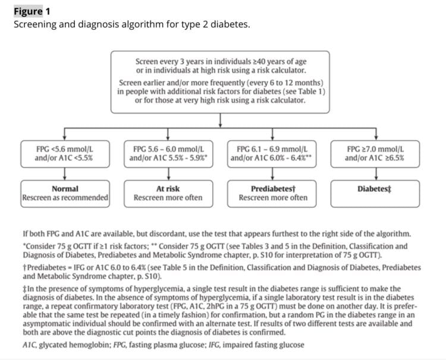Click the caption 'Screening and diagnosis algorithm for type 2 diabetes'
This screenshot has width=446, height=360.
131,25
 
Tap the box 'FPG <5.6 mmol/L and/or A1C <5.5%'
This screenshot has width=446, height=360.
64,153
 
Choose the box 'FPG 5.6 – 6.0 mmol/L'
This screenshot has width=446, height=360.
168,153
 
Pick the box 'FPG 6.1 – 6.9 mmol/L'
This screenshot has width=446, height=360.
272,153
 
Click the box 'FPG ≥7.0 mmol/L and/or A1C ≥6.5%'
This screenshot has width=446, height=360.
375,153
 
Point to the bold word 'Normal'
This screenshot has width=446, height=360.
65,189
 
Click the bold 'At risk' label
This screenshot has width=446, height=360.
168,189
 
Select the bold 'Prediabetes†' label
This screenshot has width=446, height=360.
273,189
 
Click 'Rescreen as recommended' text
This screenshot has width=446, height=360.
65,198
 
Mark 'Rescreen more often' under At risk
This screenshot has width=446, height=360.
168,198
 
